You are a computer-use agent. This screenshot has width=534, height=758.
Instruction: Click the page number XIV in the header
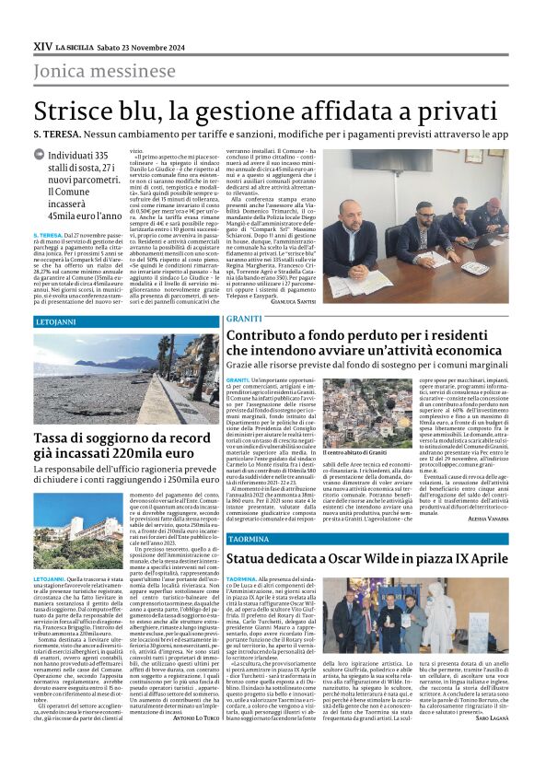point(42,45)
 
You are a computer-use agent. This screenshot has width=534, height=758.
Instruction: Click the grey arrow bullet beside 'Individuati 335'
point(41,157)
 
